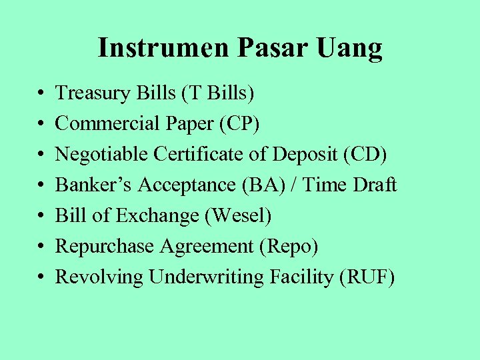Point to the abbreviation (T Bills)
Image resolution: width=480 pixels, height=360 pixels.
point(215,93)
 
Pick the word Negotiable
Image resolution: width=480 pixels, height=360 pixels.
point(102,154)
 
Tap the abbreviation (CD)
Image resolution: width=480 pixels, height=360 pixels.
point(364,154)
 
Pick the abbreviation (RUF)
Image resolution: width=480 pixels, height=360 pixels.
point(367,277)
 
